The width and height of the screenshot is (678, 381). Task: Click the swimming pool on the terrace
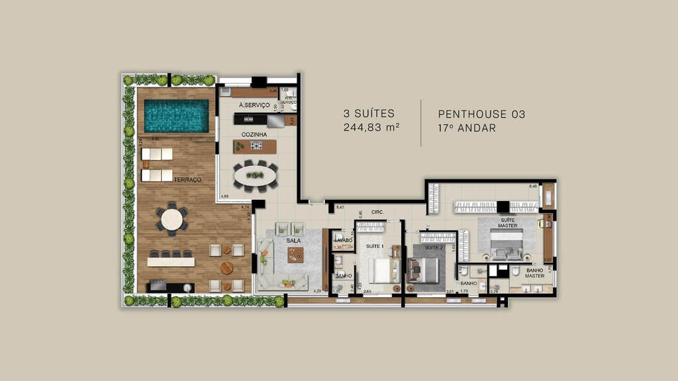click(x=176, y=116)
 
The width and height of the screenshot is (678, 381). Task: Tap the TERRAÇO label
click(x=187, y=180)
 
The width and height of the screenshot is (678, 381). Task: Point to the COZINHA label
click(x=254, y=134)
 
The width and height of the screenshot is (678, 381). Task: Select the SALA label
click(x=293, y=241)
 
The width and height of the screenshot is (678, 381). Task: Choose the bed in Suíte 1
click(x=379, y=269)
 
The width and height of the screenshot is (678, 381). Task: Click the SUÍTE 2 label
click(x=434, y=247)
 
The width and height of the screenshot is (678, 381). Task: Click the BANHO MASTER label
click(x=535, y=273)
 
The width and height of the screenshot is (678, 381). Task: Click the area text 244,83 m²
click(x=371, y=128)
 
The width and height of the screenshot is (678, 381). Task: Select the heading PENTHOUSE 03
click(x=481, y=114)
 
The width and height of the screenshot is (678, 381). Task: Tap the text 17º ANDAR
click(x=467, y=128)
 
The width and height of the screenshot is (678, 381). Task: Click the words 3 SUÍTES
click(x=369, y=114)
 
